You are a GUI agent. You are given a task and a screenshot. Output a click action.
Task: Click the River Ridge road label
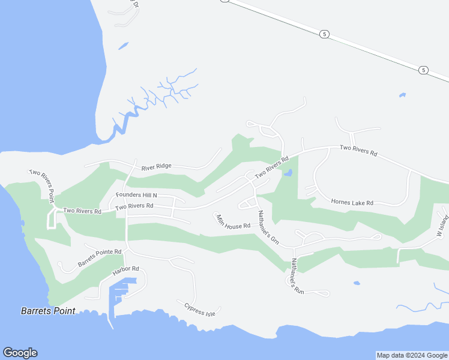[157, 167]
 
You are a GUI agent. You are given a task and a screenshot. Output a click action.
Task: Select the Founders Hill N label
[136, 196]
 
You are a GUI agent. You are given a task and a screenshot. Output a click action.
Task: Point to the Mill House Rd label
[233, 222]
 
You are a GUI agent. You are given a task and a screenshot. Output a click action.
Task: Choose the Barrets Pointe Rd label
[100, 258]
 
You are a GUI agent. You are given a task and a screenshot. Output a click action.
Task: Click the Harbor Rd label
[125, 272]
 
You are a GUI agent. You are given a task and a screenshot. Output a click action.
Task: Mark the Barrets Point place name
[48, 311]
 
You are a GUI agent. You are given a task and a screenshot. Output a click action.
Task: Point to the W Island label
[442, 225]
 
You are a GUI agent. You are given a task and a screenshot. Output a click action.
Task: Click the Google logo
[20, 353]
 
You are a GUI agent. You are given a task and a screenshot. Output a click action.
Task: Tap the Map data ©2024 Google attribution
[412, 355]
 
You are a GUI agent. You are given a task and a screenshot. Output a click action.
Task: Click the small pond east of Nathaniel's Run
[357, 283]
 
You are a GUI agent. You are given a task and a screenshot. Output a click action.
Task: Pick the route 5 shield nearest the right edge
[424, 70]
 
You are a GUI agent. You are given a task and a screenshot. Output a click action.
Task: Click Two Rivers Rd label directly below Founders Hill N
[135, 206]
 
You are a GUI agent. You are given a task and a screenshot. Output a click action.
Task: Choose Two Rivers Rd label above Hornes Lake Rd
[358, 151]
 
